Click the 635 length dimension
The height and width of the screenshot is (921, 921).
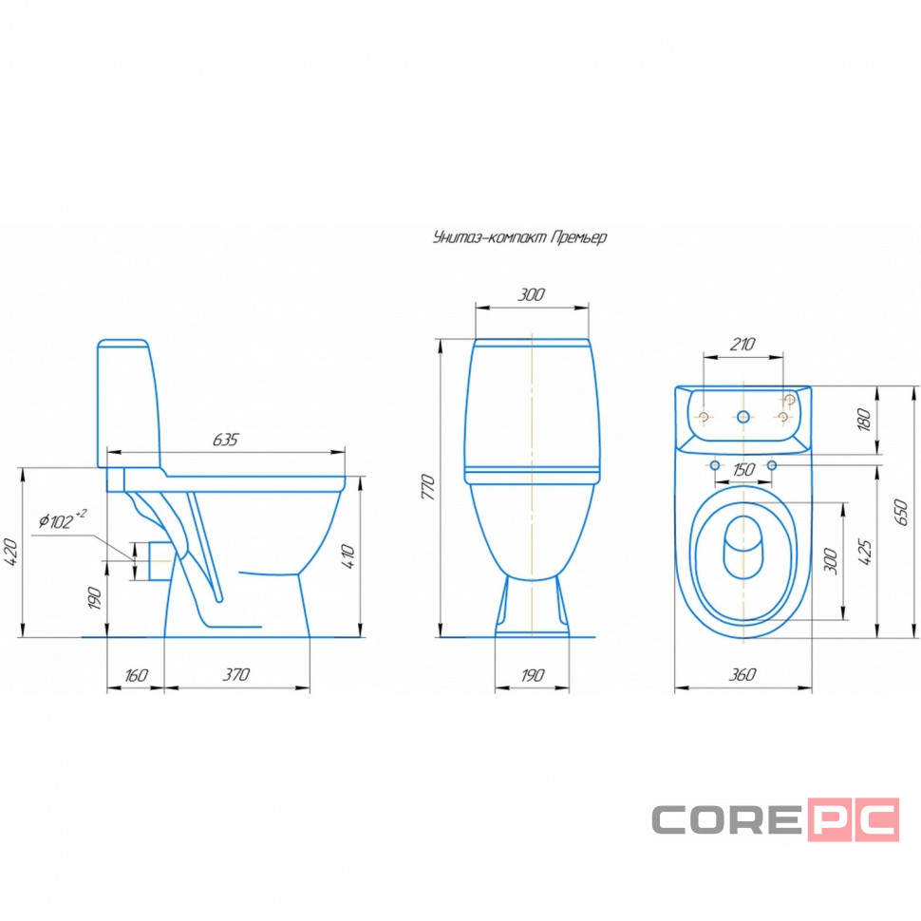(226, 440)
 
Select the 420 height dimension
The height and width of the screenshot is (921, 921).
(12, 553)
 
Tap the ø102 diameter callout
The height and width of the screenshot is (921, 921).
(63, 519)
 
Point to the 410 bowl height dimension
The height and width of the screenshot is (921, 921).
(348, 556)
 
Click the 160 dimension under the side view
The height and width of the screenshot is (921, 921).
(136, 675)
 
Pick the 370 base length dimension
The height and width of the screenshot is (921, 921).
(236, 674)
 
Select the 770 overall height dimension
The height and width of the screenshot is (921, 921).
(428, 487)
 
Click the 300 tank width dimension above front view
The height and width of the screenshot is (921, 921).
(531, 294)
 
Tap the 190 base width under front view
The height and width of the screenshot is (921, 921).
(532, 675)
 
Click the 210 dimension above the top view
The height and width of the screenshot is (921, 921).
(742, 345)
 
